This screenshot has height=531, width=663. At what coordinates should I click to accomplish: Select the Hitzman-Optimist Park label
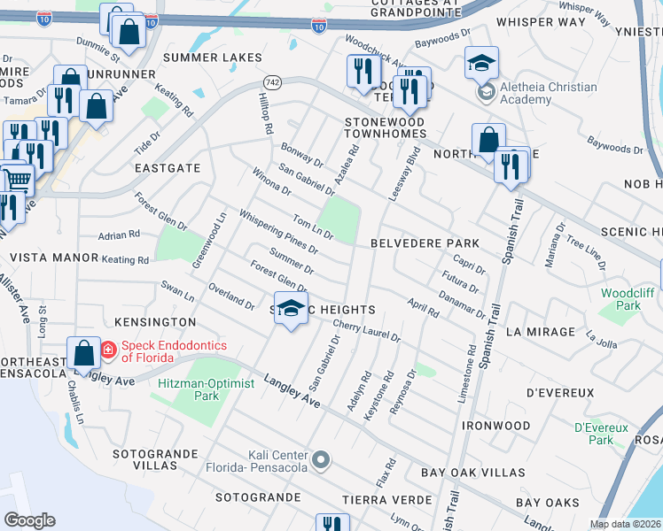tap(206, 390)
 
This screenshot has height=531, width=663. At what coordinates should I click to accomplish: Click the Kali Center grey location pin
tap(321, 460)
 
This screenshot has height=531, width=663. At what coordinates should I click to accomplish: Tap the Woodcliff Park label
tap(620, 299)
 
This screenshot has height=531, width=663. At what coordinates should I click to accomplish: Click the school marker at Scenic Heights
tap(290, 309)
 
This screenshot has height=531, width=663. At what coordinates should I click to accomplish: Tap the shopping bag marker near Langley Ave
tap(83, 355)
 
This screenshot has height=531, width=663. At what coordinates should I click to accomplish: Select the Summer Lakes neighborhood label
tap(213, 58)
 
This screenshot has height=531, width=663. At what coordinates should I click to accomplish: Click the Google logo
tap(29, 520)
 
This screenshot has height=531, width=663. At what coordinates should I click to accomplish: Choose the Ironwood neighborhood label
tap(496, 426)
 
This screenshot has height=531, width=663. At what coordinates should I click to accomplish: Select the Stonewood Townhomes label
tap(385, 127)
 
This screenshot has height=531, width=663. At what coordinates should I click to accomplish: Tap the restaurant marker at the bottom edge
tap(331, 523)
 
